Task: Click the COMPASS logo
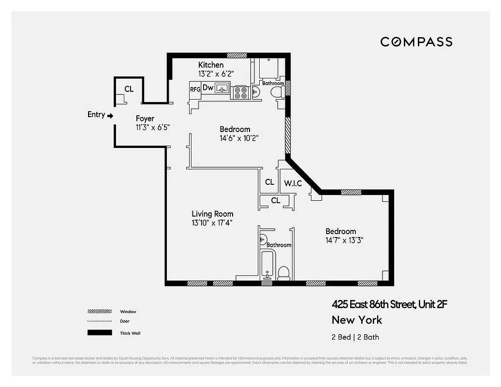click(416, 42)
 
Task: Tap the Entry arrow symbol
click(110, 116)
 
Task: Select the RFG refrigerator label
click(195, 89)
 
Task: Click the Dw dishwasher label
click(208, 88)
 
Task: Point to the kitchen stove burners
click(240, 92)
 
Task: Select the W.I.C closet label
click(293, 183)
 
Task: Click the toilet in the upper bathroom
click(277, 92)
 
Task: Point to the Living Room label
click(212, 214)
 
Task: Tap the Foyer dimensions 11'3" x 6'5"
click(152, 127)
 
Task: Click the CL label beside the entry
click(129, 89)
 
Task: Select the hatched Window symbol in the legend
click(99, 312)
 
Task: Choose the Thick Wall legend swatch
click(99, 333)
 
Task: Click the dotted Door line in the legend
click(99, 321)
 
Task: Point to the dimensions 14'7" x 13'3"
click(344, 240)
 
